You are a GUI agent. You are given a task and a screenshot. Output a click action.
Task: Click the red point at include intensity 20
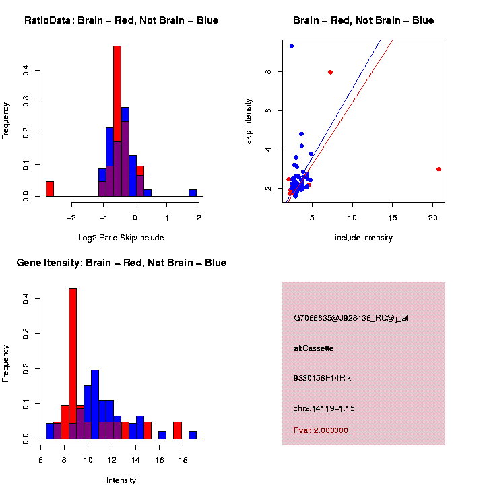(439, 169)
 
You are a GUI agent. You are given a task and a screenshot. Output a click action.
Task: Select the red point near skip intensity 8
(330, 72)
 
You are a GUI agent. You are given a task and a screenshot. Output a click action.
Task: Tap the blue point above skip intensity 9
(291, 46)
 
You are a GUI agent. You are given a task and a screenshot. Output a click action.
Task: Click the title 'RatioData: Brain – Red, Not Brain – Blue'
(121, 21)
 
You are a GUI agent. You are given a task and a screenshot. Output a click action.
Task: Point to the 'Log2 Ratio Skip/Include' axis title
(121, 238)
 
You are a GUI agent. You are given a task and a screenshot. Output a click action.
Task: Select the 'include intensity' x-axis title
(363, 238)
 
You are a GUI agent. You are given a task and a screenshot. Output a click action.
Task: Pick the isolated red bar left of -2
(49, 189)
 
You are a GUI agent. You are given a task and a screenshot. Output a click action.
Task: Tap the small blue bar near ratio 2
(193, 193)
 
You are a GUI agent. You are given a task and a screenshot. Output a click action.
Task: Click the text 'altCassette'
(314, 348)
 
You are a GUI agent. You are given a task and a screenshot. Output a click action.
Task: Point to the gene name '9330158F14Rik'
(322, 378)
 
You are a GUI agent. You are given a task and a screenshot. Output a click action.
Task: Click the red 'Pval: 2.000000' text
(321, 430)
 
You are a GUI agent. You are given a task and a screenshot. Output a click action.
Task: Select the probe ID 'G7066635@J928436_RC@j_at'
(351, 318)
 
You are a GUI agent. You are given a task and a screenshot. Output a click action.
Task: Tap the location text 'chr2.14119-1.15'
(324, 408)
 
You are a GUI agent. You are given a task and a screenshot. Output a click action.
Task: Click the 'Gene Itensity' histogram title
(121, 263)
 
